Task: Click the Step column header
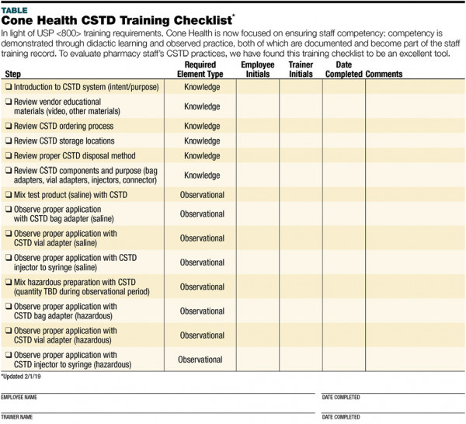(14, 74)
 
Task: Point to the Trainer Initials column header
(301, 70)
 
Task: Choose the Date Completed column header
(343, 70)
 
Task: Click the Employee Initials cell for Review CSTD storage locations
(258, 141)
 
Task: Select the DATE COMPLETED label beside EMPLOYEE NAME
(341, 397)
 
